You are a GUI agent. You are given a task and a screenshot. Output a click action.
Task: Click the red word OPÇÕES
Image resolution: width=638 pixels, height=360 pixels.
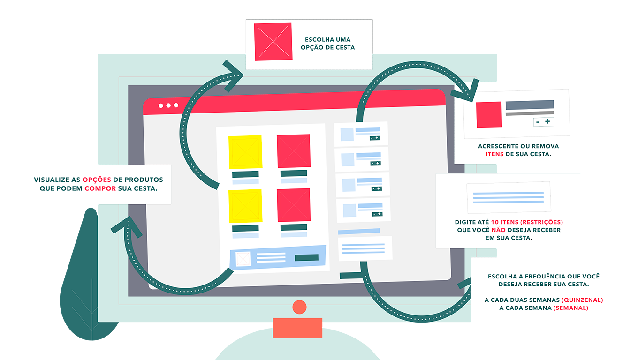[x=97, y=180]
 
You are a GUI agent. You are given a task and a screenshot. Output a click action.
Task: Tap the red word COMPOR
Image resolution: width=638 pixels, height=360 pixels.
[x=100, y=188]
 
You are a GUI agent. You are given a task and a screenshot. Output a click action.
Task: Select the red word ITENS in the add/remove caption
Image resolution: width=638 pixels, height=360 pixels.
[x=494, y=154]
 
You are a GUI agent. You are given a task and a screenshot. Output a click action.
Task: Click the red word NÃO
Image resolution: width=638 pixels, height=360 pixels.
[x=498, y=230]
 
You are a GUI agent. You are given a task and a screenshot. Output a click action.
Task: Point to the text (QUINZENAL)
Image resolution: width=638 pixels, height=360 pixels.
[x=582, y=300]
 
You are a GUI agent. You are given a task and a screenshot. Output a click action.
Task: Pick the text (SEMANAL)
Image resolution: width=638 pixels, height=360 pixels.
[x=570, y=308]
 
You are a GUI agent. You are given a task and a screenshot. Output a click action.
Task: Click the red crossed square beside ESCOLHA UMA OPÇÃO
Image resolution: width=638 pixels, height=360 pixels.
[x=273, y=42]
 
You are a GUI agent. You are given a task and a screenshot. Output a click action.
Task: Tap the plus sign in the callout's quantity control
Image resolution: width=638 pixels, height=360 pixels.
[x=547, y=121]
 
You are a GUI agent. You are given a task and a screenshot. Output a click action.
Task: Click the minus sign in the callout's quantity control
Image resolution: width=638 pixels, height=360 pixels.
[x=538, y=122]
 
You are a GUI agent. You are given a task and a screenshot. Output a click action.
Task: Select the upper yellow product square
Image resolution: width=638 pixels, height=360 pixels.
[x=245, y=152]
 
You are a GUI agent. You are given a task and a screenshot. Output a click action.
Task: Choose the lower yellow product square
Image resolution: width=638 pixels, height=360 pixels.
[x=245, y=206]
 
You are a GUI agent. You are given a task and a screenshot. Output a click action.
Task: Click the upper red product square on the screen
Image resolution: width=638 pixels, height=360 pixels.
[x=294, y=151]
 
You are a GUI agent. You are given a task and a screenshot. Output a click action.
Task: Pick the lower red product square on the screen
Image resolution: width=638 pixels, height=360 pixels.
[x=294, y=205]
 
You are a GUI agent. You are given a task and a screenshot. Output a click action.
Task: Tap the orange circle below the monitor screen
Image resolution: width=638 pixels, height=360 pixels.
[x=299, y=307]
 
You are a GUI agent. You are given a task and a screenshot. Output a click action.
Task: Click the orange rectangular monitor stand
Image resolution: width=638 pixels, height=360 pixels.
[x=297, y=328]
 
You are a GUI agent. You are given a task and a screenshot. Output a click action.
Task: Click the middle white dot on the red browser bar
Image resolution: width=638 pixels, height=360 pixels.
[x=168, y=105]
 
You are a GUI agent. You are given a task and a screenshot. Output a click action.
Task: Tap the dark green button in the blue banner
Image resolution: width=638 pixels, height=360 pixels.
[x=306, y=257]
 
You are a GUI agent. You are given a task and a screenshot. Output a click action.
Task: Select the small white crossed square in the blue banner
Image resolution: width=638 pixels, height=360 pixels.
[x=243, y=259]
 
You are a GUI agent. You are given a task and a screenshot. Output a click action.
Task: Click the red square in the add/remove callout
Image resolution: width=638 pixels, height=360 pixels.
[x=489, y=115]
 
